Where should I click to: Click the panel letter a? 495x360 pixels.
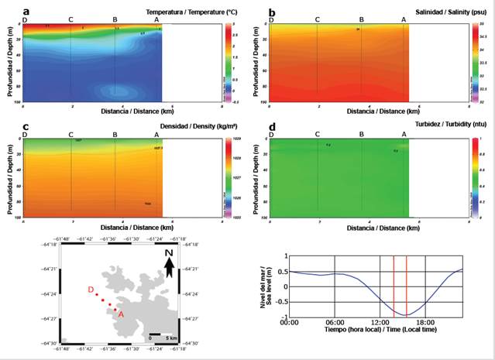tap(26, 12)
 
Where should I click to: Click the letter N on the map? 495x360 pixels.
tap(168, 255)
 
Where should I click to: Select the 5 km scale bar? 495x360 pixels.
tap(155, 334)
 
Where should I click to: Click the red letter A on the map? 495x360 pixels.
tap(120, 314)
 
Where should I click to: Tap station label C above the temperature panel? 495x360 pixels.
tap(71, 19)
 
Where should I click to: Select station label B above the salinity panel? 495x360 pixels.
tap(361, 19)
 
